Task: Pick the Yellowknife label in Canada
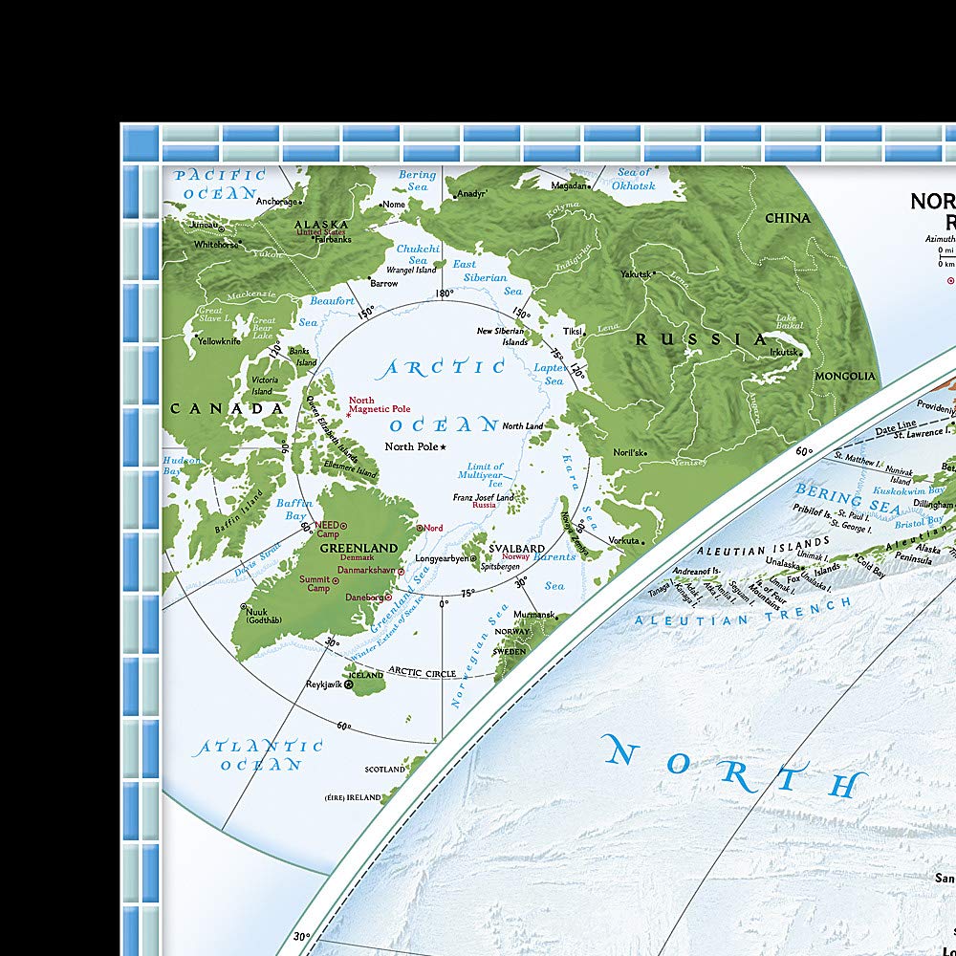point(219,340)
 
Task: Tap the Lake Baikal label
point(785,323)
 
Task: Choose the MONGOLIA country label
point(844,377)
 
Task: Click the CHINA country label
point(787,218)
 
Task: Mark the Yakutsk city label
point(635,274)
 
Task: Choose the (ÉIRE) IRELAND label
point(353,797)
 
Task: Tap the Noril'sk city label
point(630,452)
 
